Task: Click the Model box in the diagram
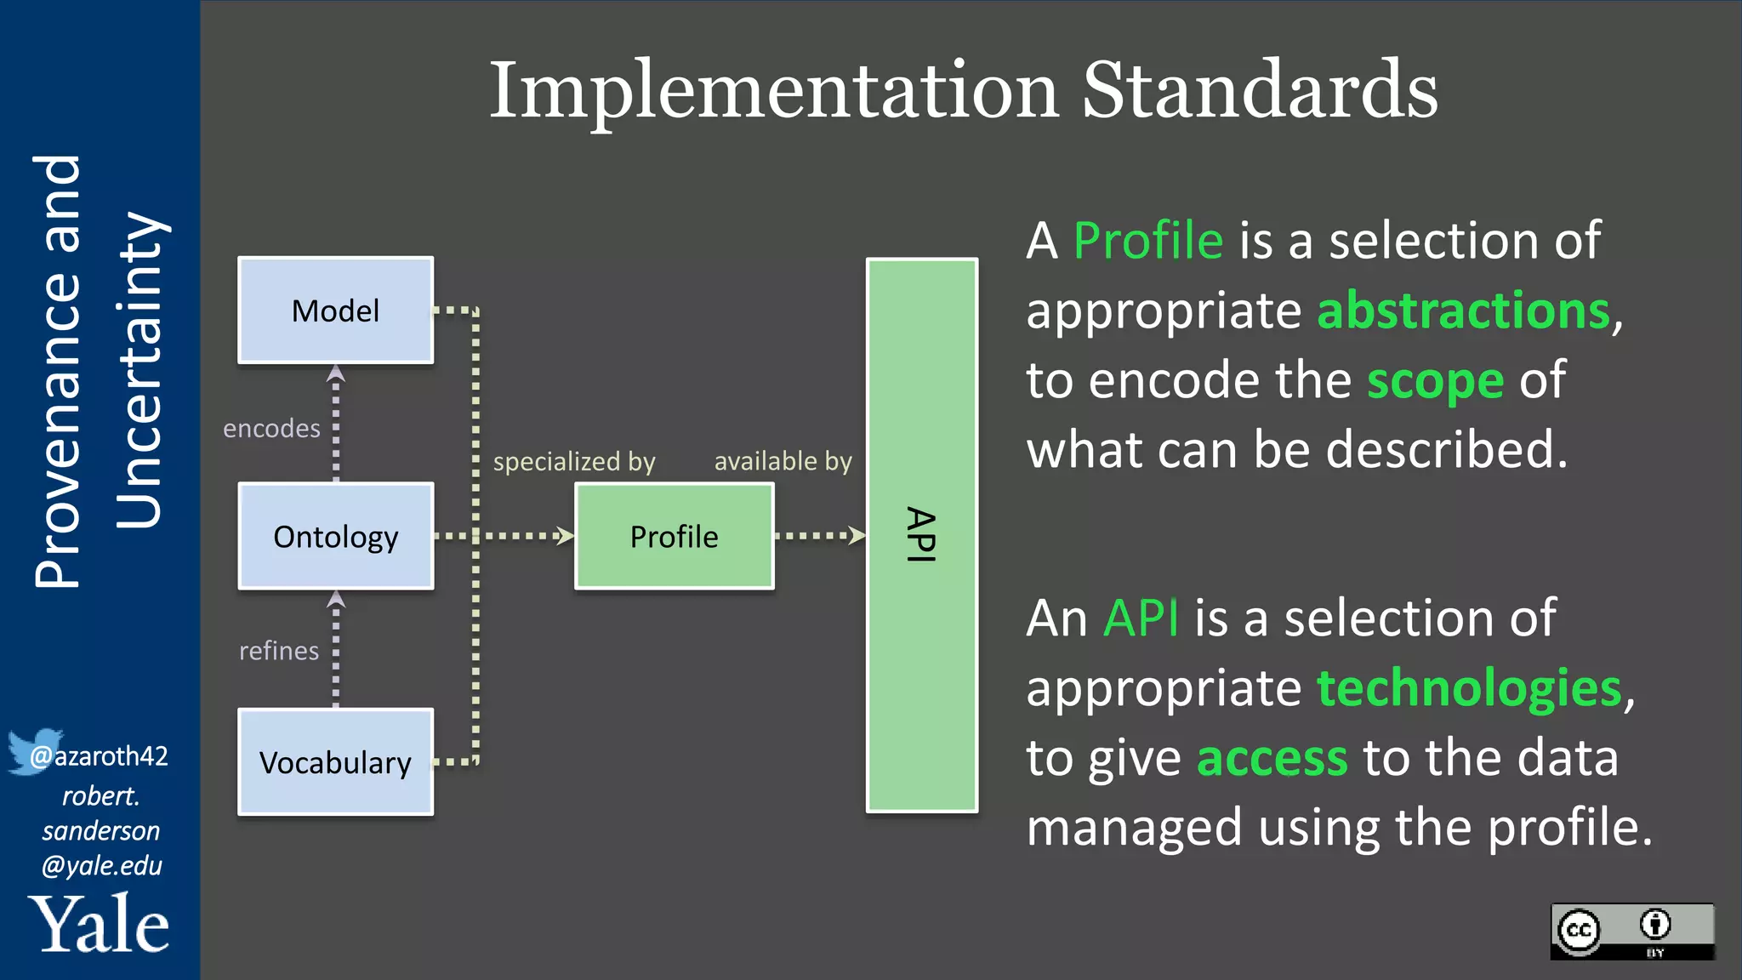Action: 335,311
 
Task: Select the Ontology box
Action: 335,536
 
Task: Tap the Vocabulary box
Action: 335,762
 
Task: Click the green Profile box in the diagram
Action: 674,536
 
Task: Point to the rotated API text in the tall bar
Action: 921,534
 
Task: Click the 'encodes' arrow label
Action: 271,428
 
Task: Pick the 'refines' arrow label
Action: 278,651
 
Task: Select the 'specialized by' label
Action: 574,461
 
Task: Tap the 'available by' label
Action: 783,461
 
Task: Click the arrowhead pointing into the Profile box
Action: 565,535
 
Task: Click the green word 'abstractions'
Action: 1463,311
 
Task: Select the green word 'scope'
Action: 1435,380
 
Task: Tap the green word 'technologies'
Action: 1469,687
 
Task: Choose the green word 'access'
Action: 1272,757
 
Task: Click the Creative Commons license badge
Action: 1631,932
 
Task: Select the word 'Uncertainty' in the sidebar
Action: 139,370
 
